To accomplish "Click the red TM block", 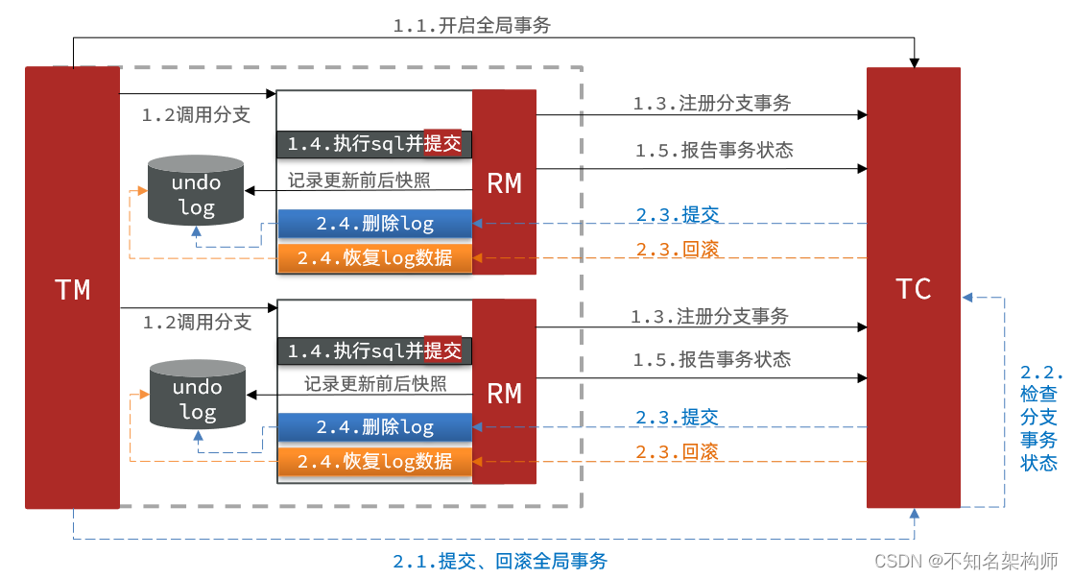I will tap(72, 288).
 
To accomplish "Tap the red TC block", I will tap(913, 288).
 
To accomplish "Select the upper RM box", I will tap(504, 182).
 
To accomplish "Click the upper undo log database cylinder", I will tap(196, 191).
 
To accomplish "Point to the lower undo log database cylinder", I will tap(197, 396).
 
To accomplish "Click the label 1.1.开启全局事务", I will tap(472, 26).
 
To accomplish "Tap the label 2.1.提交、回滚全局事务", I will tap(500, 562).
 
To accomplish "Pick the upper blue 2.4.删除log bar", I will tap(375, 224).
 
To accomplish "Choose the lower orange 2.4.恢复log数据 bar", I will tap(375, 462).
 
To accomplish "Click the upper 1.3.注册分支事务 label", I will tap(712, 103).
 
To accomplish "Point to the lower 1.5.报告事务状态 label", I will tap(712, 359).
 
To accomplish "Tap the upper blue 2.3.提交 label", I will tap(678, 214).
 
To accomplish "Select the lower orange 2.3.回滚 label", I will tap(678, 451).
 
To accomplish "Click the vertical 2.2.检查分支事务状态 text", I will tap(1039, 418).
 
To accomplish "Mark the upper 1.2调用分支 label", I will tap(196, 115).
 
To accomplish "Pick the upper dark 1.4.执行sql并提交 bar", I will tap(375, 144).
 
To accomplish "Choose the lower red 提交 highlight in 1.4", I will tap(442, 350).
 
